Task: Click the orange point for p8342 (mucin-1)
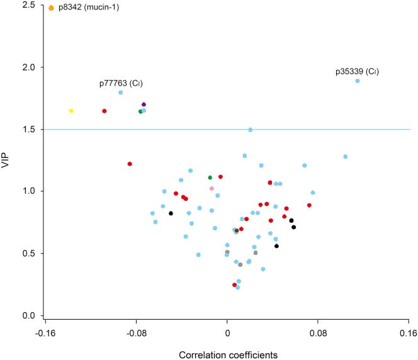pos(51,8)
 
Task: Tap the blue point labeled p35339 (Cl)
pos(357,81)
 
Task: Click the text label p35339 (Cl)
pos(357,72)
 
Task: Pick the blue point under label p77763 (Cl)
pos(120,93)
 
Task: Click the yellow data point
pos(71,111)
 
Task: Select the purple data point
pos(144,104)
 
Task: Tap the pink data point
pos(212,188)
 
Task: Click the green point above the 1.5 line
pos(140,111)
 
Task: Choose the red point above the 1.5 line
pos(104,111)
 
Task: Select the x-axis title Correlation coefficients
pos(227,354)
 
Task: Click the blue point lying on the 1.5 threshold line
pos(251,130)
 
